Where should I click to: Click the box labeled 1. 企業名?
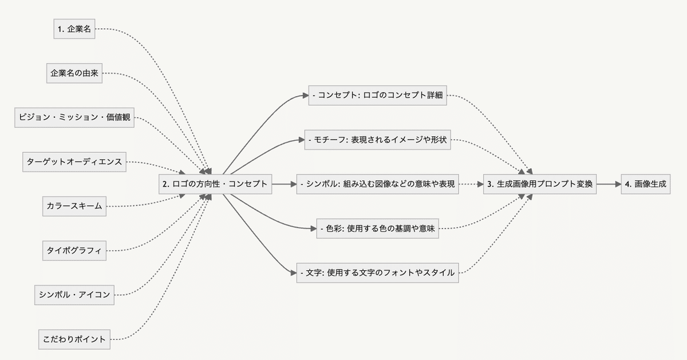(x=74, y=29)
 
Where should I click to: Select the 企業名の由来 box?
(x=74, y=73)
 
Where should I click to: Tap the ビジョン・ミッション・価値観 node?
(x=74, y=117)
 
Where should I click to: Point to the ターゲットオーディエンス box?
(x=74, y=161)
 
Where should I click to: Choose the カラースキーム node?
(x=74, y=206)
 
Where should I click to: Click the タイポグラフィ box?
(x=74, y=250)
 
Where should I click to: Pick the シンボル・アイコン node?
(x=74, y=295)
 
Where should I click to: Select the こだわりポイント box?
(x=74, y=339)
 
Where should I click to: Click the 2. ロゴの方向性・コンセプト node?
(x=215, y=184)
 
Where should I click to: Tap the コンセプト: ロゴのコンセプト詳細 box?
(x=378, y=96)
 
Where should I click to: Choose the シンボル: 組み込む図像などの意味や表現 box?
(x=378, y=184)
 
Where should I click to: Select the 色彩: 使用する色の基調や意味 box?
(x=378, y=229)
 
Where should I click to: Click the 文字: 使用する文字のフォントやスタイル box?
(x=378, y=273)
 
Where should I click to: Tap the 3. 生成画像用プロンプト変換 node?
(x=540, y=184)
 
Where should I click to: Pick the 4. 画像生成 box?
(x=645, y=184)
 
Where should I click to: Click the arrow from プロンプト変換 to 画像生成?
(x=609, y=184)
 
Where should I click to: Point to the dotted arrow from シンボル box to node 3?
(x=471, y=184)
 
